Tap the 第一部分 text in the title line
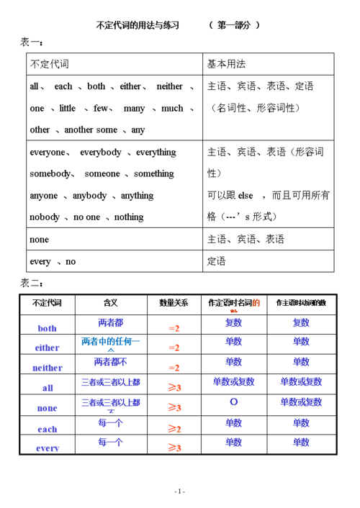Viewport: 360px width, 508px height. pyautogui.click(x=234, y=25)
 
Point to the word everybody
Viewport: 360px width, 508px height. pyautogui.click(x=101, y=153)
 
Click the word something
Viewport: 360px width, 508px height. pyautogui.click(x=154, y=174)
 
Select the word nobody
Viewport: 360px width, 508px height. pyautogui.click(x=45, y=217)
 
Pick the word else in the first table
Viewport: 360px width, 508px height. pyautogui.click(x=247, y=196)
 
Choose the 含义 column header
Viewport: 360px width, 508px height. pyautogui.click(x=111, y=303)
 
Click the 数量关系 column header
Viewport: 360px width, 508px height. pyautogui.click(x=174, y=303)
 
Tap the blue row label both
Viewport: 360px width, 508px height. pyautogui.click(x=47, y=328)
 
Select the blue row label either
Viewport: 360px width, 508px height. pyautogui.click(x=47, y=348)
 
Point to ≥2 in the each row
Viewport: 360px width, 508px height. pyautogui.click(x=174, y=429)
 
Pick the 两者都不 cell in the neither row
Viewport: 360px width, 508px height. pyautogui.click(x=111, y=362)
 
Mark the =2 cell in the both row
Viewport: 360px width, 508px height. pyautogui.click(x=174, y=328)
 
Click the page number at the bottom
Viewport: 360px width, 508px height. pyautogui.click(x=180, y=491)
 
